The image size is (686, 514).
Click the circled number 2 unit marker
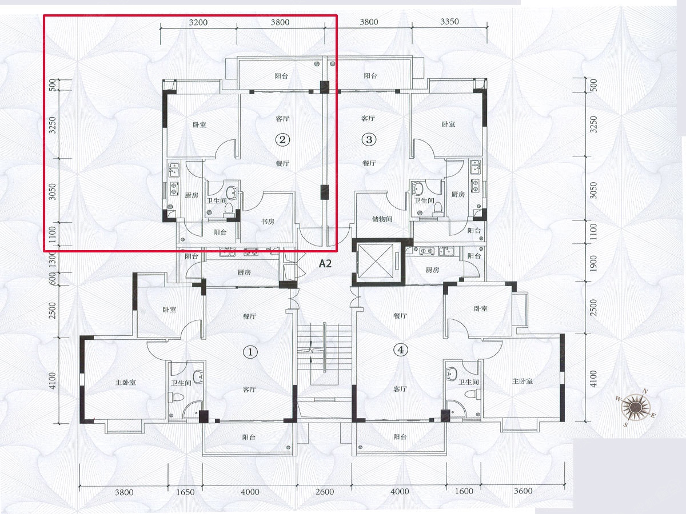[282, 139]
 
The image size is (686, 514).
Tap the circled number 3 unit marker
[369, 139]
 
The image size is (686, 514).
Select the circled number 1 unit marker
[250, 352]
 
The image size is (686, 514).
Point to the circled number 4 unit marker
[400, 350]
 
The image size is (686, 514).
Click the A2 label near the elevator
[325, 264]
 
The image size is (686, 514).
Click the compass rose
[636, 407]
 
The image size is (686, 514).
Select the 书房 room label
[268, 221]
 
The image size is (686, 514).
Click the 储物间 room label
[382, 219]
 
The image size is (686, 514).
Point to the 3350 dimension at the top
[449, 22]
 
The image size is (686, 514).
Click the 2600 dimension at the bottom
[325, 492]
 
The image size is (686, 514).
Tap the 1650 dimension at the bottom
[185, 492]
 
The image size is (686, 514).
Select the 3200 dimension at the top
[198, 22]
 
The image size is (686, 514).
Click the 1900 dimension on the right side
[593, 264]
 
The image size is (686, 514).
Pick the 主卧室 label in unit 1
[125, 382]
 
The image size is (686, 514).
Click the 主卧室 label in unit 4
[523, 381]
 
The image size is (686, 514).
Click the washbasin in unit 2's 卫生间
[232, 192]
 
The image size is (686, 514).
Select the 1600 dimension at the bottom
[464, 492]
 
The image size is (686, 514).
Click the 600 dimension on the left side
[52, 279]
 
